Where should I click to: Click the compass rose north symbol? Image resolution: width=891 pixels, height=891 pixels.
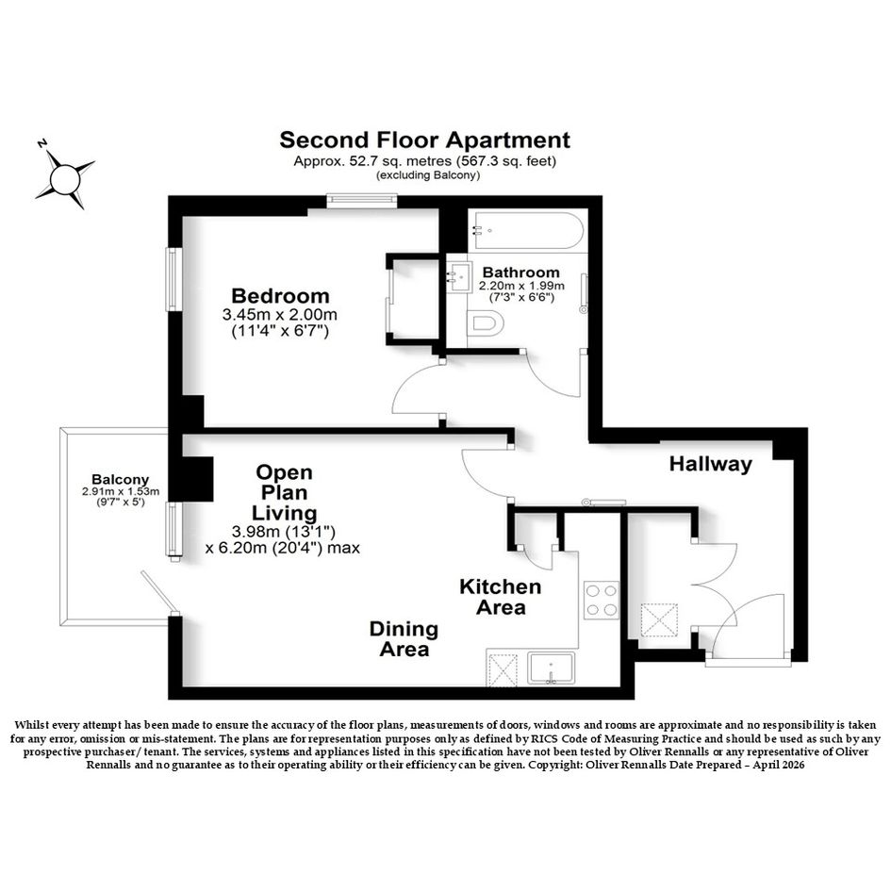[x=64, y=178]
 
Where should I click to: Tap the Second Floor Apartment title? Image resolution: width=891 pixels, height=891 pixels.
[x=424, y=140]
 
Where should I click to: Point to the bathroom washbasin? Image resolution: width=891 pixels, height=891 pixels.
[x=459, y=277]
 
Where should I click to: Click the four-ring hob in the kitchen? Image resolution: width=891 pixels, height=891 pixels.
[x=602, y=600]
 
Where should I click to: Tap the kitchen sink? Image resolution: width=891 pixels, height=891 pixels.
[x=551, y=668]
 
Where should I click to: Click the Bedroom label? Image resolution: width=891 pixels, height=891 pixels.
[x=280, y=296]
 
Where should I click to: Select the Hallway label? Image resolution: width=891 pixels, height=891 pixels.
[x=710, y=464]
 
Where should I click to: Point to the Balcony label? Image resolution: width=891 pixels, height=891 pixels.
[x=121, y=480]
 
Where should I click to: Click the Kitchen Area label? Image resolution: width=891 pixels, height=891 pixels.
[x=501, y=597]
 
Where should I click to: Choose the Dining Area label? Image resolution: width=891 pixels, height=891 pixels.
[x=404, y=639]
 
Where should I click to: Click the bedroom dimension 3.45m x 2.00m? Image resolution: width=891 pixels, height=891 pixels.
[x=280, y=314]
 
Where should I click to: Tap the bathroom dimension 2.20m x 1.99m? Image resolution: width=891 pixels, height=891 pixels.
[x=521, y=286]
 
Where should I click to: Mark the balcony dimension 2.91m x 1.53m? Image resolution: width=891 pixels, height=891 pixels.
[x=121, y=491]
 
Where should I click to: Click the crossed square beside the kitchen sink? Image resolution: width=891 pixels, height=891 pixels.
[x=503, y=669]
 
